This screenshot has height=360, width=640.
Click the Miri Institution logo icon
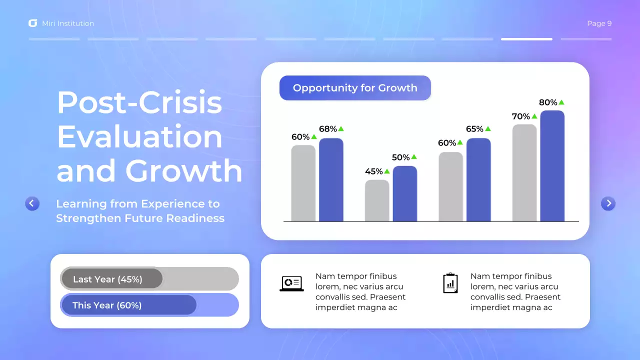pyautogui.click(x=33, y=23)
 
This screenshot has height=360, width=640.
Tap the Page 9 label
pyautogui.click(x=599, y=23)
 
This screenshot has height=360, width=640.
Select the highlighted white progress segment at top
pyautogui.click(x=526, y=39)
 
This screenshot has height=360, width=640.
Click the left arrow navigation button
pyautogui.click(x=32, y=203)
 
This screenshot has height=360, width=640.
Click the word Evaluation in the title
pyautogui.click(x=139, y=136)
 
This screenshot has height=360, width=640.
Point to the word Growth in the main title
pyautogui.click(x=183, y=170)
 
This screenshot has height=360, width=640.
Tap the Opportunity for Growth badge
pyautogui.click(x=355, y=88)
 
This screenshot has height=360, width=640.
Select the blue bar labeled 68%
pyautogui.click(x=331, y=180)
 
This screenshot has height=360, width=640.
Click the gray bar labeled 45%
pyautogui.click(x=377, y=200)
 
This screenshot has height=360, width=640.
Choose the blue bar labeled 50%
pyautogui.click(x=404, y=193)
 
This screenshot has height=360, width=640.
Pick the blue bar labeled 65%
pyautogui.click(x=478, y=180)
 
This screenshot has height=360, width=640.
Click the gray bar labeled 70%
pyautogui.click(x=524, y=173)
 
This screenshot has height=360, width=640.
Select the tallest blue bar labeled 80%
pyautogui.click(x=552, y=166)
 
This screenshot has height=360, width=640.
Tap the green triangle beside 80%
pyautogui.click(x=561, y=102)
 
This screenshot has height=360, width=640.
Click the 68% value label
pyautogui.click(x=328, y=129)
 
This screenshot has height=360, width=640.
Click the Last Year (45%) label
pyautogui.click(x=107, y=279)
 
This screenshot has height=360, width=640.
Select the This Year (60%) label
pyautogui.click(x=107, y=305)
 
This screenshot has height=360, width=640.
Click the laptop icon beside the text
pyautogui.click(x=291, y=283)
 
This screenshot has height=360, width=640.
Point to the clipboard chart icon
pyautogui.click(x=450, y=283)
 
